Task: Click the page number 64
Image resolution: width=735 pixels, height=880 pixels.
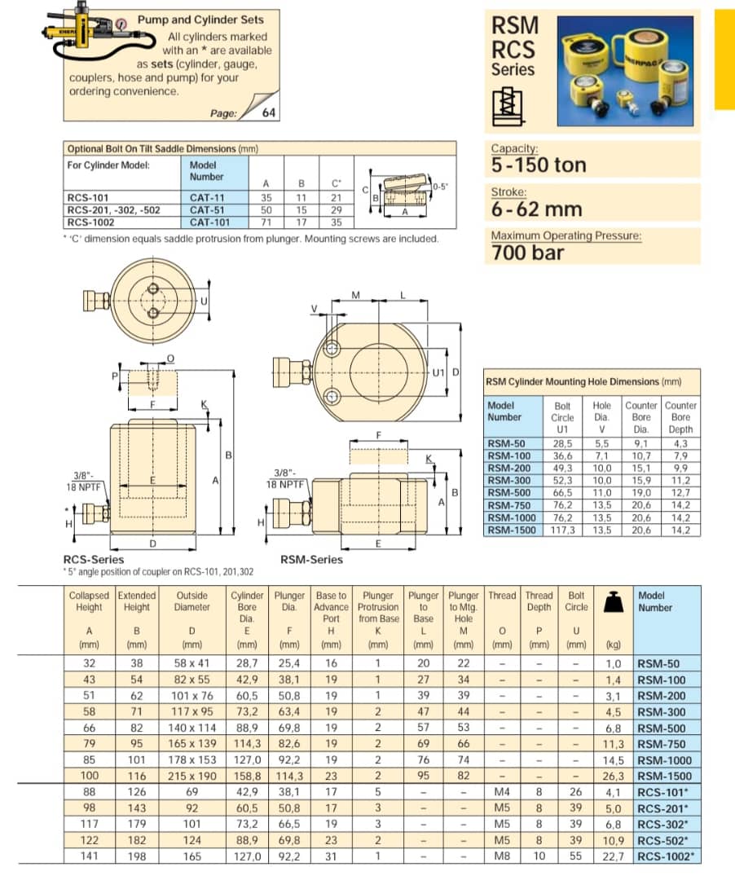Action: (x=268, y=113)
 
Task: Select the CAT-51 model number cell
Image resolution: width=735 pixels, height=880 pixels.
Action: (x=206, y=209)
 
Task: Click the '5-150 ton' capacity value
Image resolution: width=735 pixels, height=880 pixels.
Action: (x=538, y=165)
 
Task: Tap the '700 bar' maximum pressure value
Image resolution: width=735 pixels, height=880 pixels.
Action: (x=527, y=253)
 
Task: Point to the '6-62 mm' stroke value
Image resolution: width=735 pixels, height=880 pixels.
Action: (x=536, y=209)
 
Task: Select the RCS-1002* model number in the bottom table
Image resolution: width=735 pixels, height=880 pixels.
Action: (x=666, y=856)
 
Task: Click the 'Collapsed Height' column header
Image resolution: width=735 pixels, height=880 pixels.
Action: (x=89, y=601)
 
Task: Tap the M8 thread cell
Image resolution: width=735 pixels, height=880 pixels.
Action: (x=502, y=856)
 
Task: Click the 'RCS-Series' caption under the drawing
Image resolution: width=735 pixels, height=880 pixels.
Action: (x=94, y=559)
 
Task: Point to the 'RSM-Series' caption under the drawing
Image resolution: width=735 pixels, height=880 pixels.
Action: (x=311, y=559)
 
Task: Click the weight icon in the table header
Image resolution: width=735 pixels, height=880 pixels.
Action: (x=612, y=602)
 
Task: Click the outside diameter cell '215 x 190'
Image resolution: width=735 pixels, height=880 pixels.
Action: (x=192, y=776)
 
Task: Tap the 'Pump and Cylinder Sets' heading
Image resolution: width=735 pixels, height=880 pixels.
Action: (x=200, y=19)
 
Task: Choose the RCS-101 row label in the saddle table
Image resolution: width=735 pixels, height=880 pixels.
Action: (x=89, y=197)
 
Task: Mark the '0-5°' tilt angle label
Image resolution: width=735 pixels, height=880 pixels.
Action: (x=439, y=187)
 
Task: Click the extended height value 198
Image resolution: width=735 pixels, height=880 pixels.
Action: (x=136, y=856)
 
